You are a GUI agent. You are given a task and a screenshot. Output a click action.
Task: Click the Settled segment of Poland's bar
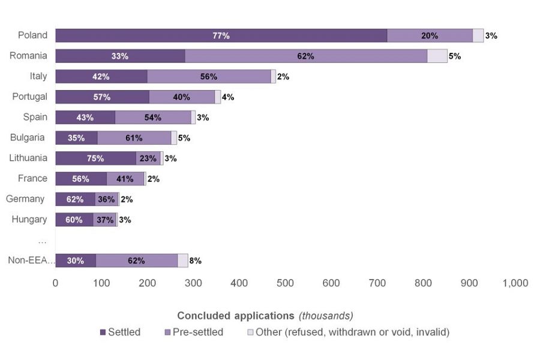click(x=221, y=36)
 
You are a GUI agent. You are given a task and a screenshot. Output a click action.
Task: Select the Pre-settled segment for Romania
click(x=306, y=56)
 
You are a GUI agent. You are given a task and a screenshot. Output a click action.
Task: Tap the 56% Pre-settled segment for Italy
click(x=209, y=77)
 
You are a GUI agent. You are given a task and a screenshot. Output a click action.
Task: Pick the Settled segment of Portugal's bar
click(x=102, y=97)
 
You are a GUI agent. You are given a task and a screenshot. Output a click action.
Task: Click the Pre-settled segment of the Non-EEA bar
click(x=136, y=260)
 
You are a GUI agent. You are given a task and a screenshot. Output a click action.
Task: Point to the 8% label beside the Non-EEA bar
click(x=195, y=261)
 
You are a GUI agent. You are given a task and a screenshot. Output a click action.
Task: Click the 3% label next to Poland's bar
click(x=491, y=36)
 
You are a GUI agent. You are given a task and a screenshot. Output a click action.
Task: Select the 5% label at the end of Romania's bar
click(x=454, y=56)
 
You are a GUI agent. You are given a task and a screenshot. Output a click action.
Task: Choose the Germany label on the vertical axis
click(x=25, y=199)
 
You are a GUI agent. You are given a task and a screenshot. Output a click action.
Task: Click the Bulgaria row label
click(x=27, y=137)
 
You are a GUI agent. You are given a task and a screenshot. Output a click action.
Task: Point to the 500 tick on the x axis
click(x=285, y=283)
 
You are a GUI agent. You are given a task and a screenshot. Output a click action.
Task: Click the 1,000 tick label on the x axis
click(x=515, y=283)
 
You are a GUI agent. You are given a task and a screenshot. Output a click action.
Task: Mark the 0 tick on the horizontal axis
click(x=56, y=283)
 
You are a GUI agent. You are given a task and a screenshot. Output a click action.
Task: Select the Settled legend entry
click(x=120, y=332)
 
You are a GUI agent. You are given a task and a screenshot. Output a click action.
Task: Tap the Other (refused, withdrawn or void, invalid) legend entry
click(x=347, y=332)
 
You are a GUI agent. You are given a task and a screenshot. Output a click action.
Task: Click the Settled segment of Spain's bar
click(x=85, y=118)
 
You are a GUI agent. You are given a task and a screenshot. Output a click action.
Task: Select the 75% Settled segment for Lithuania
click(x=95, y=158)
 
